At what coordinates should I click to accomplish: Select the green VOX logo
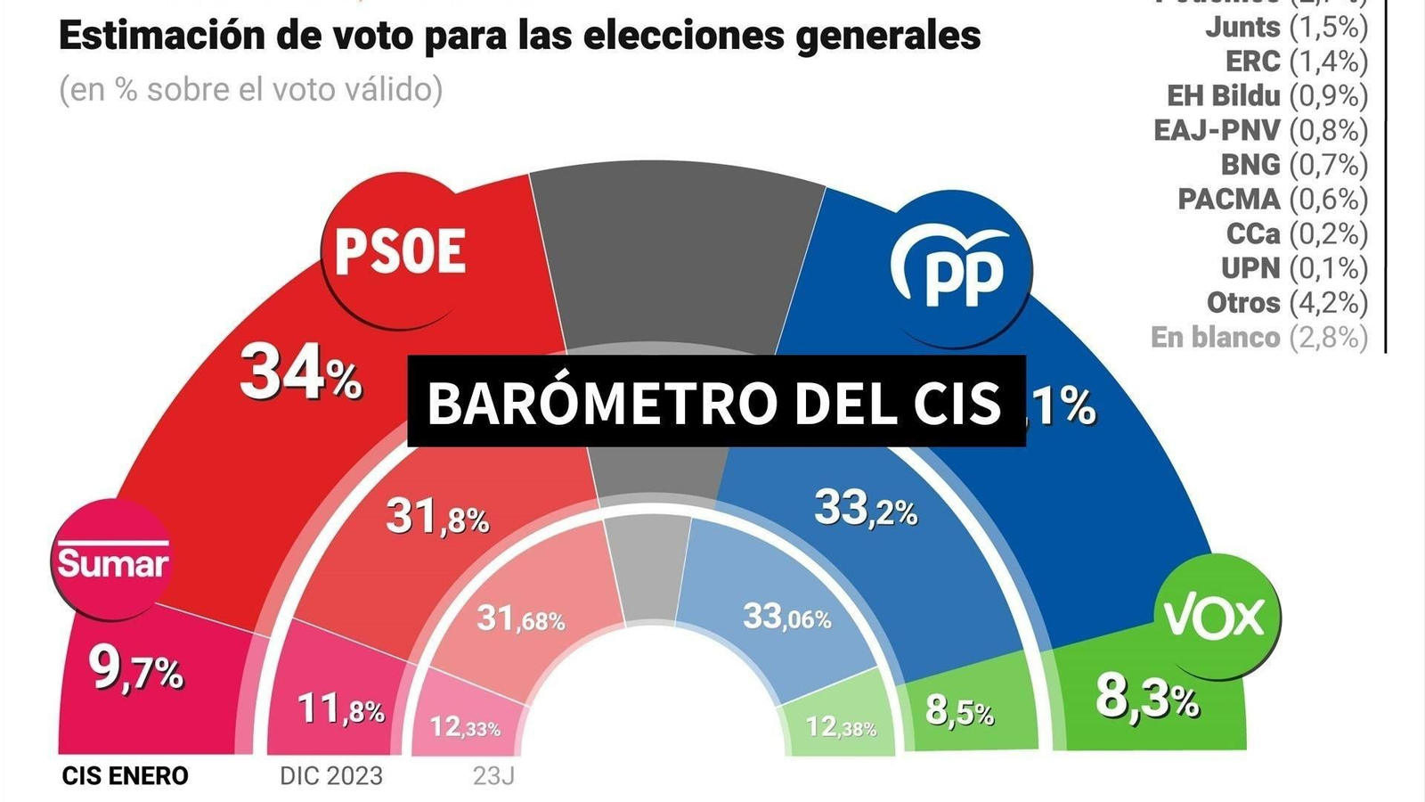pos(1217,617)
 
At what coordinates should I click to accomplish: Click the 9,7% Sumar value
pos(135,670)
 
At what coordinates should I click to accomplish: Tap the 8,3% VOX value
pos(1147,697)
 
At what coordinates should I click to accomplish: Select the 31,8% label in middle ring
pos(436,517)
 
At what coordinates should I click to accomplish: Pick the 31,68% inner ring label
pos(520,618)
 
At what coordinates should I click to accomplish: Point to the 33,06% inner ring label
pos(786,617)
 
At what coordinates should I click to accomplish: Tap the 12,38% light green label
pos(841,727)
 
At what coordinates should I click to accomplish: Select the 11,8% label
pos(340,709)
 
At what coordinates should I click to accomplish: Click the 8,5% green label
pos(959,711)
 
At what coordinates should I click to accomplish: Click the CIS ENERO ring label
pos(125,776)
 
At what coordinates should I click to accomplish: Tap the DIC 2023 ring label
pos(330,776)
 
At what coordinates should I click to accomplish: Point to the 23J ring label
pos(493,776)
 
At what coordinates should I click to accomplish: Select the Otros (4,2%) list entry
pos(1286,303)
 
